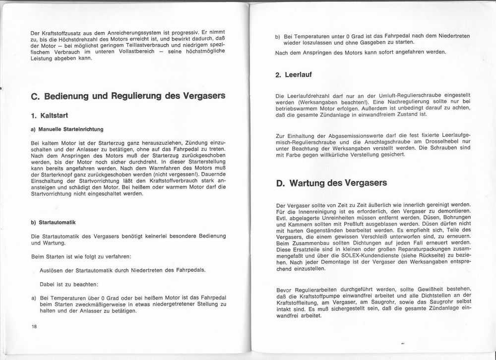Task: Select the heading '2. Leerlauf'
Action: click(x=293, y=75)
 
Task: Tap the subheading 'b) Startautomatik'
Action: click(x=53, y=222)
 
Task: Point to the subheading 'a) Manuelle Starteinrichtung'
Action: click(x=67, y=129)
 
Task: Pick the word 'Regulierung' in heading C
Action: click(x=146, y=96)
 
